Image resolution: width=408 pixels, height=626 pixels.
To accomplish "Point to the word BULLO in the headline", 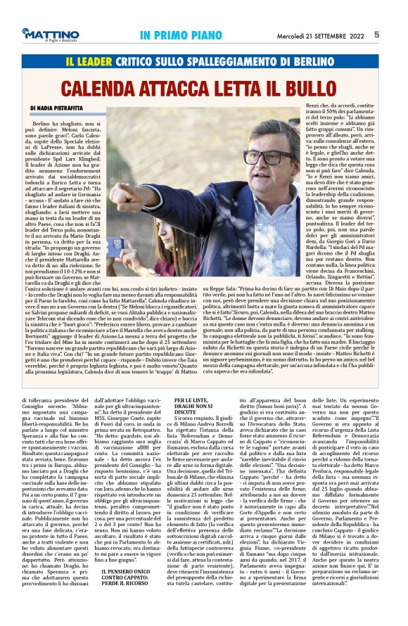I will pyautogui.click(x=323, y=89).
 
